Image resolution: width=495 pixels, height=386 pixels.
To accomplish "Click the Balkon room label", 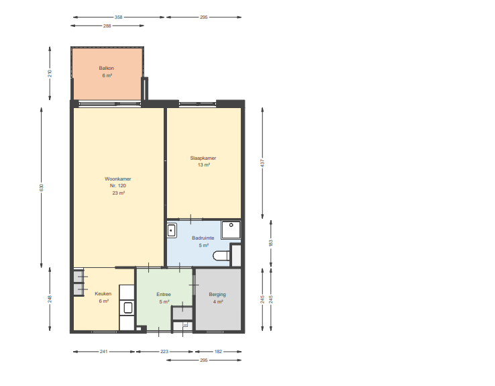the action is pyautogui.click(x=107, y=68).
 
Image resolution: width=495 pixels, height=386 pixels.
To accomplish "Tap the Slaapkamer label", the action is pyautogui.click(x=203, y=158).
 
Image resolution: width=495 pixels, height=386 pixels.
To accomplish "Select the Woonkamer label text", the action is pyautogui.click(x=118, y=179).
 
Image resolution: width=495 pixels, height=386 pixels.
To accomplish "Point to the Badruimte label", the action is pyautogui.click(x=203, y=238).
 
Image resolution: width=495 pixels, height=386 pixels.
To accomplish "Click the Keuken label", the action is pyautogui.click(x=103, y=294).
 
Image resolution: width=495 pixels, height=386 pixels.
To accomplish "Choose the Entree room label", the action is pyautogui.click(x=164, y=295).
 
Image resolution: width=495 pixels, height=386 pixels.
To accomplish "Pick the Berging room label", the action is pyautogui.click(x=217, y=295).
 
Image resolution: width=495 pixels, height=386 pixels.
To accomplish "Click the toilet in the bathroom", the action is pyautogui.click(x=221, y=256).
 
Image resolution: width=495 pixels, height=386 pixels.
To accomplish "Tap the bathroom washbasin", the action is pyautogui.click(x=172, y=230).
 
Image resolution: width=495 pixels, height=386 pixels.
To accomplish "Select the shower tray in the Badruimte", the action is pyautogui.click(x=231, y=230).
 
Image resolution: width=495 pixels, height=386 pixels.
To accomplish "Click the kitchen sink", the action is pyautogui.click(x=128, y=307).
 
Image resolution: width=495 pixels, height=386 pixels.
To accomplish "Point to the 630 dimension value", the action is pyautogui.click(x=42, y=188).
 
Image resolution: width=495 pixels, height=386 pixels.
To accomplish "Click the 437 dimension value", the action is pyautogui.click(x=262, y=163).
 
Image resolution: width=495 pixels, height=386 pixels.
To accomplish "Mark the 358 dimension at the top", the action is pyautogui.click(x=118, y=17).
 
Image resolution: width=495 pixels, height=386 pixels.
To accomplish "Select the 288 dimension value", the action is pyautogui.click(x=107, y=26).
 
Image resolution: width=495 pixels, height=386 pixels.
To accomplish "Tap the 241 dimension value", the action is pyautogui.click(x=104, y=351).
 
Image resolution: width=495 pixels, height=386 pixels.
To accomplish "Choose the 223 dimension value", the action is pyautogui.click(x=164, y=351).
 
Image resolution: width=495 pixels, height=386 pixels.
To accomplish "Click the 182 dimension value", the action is pyautogui.click(x=218, y=351).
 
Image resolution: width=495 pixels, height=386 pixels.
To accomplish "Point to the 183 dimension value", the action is pyautogui.click(x=270, y=243).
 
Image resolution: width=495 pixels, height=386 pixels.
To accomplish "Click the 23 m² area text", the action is pyautogui.click(x=118, y=193).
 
